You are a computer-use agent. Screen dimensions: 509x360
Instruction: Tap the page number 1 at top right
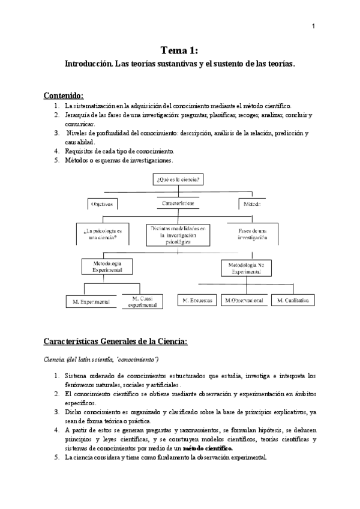coord(314,26)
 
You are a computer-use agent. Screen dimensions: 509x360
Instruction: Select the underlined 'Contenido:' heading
coord(64,95)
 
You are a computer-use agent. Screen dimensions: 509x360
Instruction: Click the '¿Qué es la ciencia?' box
coord(178,179)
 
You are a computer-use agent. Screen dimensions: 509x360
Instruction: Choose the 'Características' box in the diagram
coord(178,203)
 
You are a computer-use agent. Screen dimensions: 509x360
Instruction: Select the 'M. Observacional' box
coord(244,300)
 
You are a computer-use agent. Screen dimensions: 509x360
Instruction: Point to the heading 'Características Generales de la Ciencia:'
coord(116,342)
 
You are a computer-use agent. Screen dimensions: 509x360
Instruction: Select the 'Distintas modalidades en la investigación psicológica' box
coord(178,235)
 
